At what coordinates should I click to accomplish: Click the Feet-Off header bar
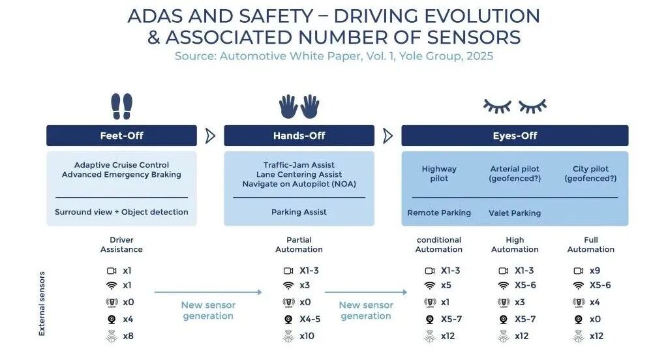pyautogui.click(x=121, y=136)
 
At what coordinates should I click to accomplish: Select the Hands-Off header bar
pyautogui.click(x=299, y=136)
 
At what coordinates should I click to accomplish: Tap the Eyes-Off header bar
pyautogui.click(x=515, y=136)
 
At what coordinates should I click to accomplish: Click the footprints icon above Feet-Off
pyautogui.click(x=122, y=106)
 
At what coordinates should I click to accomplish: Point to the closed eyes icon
pyautogui.click(x=515, y=106)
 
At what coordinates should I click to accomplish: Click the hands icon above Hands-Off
pyautogui.click(x=299, y=106)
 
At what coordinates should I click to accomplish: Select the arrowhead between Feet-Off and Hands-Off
pyautogui.click(x=210, y=136)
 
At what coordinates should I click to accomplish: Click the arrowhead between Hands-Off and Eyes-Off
pyautogui.click(x=387, y=136)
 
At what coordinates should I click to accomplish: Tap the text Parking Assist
pyautogui.click(x=299, y=212)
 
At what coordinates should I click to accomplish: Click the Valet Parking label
pyautogui.click(x=515, y=213)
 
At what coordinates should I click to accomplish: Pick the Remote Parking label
pyautogui.click(x=439, y=213)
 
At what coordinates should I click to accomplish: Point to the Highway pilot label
pyautogui.click(x=439, y=173)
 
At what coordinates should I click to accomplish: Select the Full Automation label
pyautogui.click(x=591, y=245)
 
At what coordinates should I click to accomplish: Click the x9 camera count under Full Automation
pyautogui.click(x=595, y=271)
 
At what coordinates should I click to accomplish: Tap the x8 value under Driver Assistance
pyautogui.click(x=128, y=336)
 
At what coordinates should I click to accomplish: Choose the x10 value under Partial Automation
pyautogui.click(x=307, y=336)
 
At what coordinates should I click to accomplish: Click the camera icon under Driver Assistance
pyautogui.click(x=112, y=271)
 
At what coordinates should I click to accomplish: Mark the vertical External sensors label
pyautogui.click(x=42, y=304)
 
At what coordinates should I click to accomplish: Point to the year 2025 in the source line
pyautogui.click(x=479, y=56)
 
